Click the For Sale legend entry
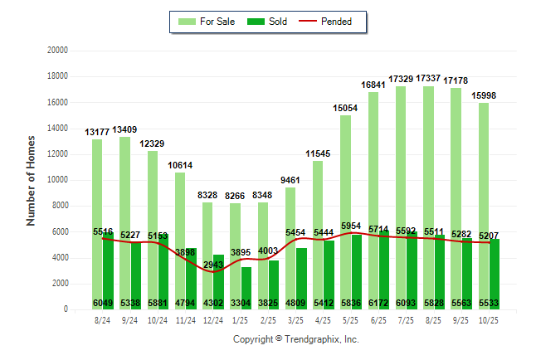(212, 22)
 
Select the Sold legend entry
(268, 22)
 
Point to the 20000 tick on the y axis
(56, 51)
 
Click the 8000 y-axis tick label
(59, 206)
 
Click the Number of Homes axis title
(32, 180)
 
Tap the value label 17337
(428, 78)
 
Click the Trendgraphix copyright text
(295, 339)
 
